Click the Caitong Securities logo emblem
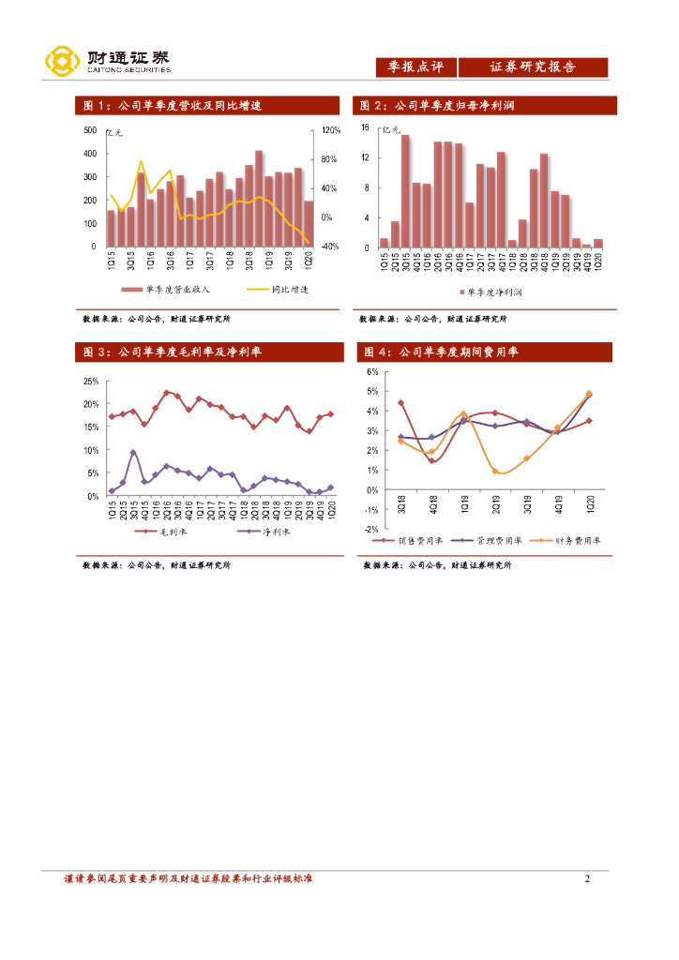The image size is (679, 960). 61,62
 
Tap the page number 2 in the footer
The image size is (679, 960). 587,879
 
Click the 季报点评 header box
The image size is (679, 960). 415,67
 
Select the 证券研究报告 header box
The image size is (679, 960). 533,67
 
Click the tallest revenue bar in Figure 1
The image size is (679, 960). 259,199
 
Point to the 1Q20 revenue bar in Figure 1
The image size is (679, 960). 309,224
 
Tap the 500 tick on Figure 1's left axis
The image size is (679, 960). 89,130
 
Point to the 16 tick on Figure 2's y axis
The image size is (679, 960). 366,127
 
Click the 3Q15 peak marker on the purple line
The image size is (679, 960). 133,453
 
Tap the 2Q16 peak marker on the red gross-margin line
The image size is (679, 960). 166,393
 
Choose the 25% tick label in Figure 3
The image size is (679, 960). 90,382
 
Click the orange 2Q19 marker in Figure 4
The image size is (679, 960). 495,471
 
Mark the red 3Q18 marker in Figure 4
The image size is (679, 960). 400,403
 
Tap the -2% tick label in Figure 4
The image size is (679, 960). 370,530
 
